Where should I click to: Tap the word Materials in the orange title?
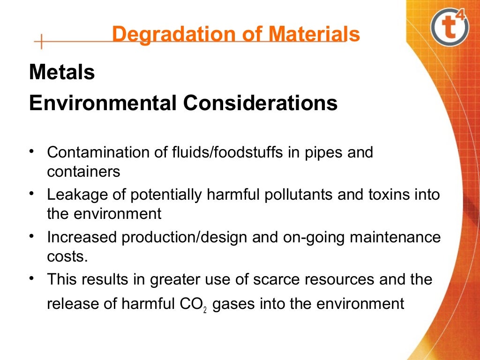314,34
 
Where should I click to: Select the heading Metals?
62,73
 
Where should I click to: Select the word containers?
83,172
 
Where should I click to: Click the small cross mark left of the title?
41,42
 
